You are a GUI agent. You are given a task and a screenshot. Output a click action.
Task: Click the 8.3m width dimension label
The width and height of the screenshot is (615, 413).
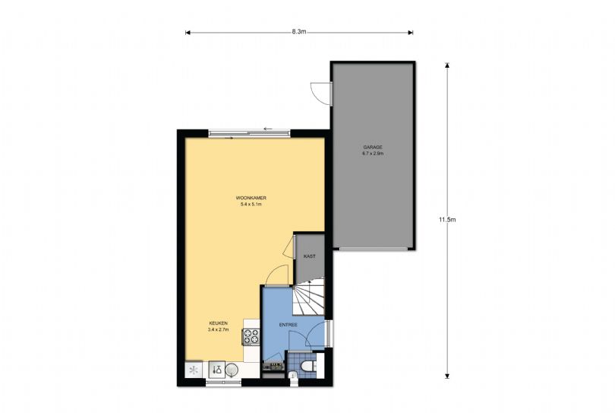(x=299, y=32)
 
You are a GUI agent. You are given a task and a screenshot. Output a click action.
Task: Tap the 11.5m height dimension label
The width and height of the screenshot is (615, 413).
(x=447, y=220)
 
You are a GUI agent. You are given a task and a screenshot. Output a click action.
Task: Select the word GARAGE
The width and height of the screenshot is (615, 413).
(x=373, y=148)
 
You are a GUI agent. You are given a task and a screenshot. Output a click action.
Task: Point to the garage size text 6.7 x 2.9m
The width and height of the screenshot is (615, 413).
(x=373, y=154)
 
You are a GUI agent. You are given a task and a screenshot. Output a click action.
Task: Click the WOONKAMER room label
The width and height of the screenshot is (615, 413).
(x=251, y=198)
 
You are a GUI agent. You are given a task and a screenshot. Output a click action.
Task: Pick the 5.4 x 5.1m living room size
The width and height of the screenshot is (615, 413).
(x=251, y=205)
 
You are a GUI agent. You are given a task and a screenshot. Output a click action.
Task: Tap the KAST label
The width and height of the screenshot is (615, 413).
(x=310, y=256)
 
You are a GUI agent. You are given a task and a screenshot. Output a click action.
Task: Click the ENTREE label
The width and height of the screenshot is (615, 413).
(x=288, y=325)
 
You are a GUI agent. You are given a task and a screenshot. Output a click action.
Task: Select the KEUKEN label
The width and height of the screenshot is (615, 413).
(x=218, y=323)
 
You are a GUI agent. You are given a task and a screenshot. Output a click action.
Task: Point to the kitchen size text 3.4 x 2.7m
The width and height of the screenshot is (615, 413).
(x=218, y=329)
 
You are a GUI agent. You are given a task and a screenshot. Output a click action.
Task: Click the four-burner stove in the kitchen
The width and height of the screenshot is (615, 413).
(x=251, y=337)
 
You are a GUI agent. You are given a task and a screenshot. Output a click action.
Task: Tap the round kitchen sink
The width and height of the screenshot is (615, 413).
(x=232, y=370)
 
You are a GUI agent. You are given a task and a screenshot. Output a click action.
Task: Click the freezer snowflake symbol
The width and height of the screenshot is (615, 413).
(x=194, y=370)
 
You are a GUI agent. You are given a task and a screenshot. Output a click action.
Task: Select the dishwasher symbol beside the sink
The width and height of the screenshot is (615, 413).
(x=216, y=370)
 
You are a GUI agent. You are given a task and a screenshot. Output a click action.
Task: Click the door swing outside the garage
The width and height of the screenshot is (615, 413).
(x=321, y=94)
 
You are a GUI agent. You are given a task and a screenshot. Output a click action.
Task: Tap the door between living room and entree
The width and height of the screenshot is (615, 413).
(x=277, y=275)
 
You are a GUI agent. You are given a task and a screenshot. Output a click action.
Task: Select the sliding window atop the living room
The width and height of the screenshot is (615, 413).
(x=250, y=133)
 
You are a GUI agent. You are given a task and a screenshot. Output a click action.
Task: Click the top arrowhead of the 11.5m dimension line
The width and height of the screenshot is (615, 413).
(x=447, y=64)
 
